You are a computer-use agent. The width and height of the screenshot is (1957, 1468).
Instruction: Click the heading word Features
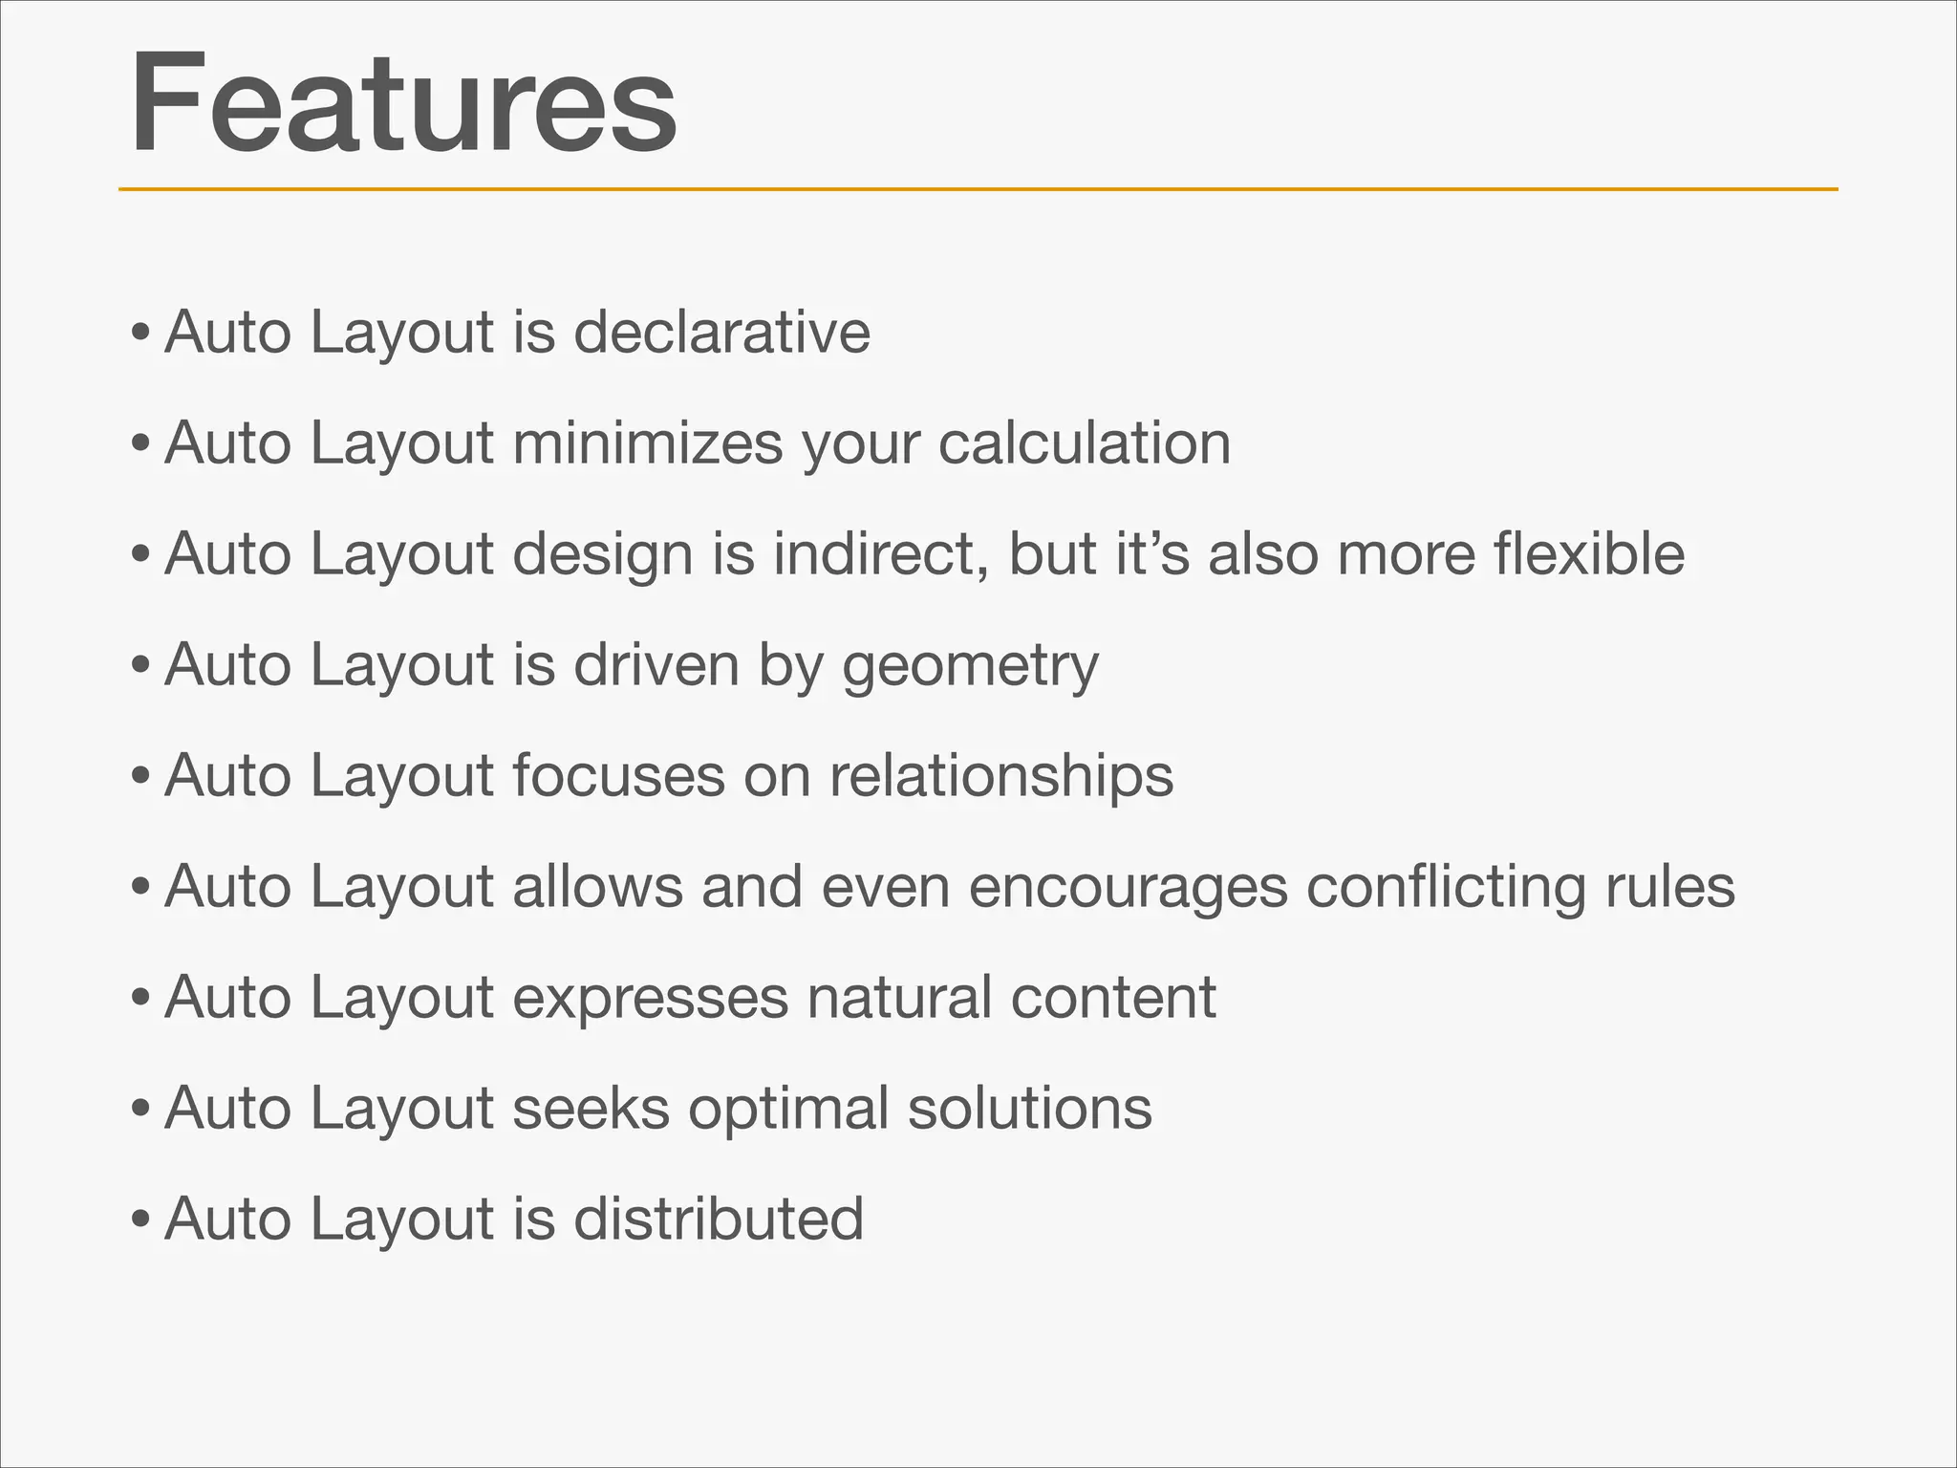pos(403,103)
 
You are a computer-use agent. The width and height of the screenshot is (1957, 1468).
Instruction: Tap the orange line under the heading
pos(978,189)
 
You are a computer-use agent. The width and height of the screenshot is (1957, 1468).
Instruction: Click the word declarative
pos(721,333)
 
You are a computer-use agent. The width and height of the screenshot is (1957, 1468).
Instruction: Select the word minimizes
pos(647,443)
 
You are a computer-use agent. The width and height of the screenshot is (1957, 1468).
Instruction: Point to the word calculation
pos(1084,443)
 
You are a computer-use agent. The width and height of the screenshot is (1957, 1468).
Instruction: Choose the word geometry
pos(970,666)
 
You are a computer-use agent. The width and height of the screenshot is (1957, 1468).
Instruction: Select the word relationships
pos(1000,776)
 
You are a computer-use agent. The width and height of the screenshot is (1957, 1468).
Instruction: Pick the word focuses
pos(618,775)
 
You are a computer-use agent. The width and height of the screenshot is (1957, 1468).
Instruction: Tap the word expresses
pos(650,998)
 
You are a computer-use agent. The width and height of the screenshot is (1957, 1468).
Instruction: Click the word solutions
pos(1029,1109)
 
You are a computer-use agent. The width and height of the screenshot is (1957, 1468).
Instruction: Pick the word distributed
pos(719,1220)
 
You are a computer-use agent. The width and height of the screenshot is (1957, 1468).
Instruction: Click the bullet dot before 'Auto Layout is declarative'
pos(140,335)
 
